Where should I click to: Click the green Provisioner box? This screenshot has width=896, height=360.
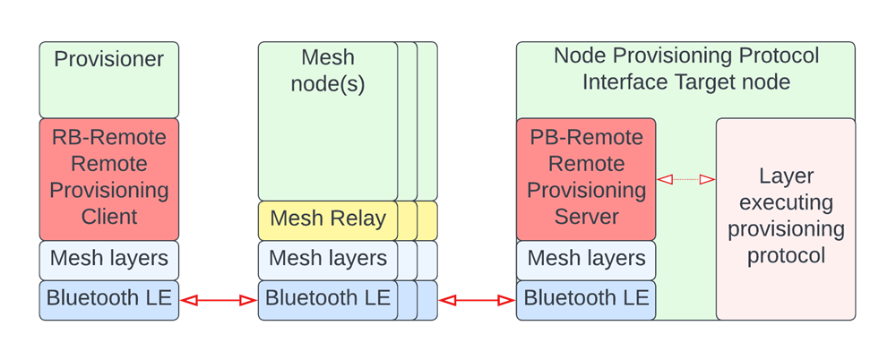(108, 80)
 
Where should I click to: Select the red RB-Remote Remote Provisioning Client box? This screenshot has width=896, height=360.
(108, 178)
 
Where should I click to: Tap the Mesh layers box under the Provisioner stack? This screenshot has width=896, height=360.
(108, 259)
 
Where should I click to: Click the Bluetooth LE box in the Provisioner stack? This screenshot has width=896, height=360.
(108, 299)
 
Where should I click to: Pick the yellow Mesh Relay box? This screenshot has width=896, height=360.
(328, 219)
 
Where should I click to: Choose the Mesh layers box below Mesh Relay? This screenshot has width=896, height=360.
(328, 259)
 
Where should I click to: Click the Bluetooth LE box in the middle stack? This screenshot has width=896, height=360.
(328, 299)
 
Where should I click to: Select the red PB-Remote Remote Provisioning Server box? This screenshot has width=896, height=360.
(586, 178)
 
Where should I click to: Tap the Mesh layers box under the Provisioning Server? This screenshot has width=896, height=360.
(586, 259)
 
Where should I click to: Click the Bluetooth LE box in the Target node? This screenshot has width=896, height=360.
(586, 299)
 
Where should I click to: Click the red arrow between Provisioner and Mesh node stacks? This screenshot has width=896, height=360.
(219, 301)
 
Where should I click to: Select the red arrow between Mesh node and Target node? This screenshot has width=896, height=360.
(477, 301)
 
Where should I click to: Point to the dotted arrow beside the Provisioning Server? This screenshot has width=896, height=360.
(685, 180)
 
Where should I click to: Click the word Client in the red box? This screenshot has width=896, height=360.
(108, 217)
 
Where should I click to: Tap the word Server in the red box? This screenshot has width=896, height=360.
(586, 217)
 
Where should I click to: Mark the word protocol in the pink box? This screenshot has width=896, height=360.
(785, 255)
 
